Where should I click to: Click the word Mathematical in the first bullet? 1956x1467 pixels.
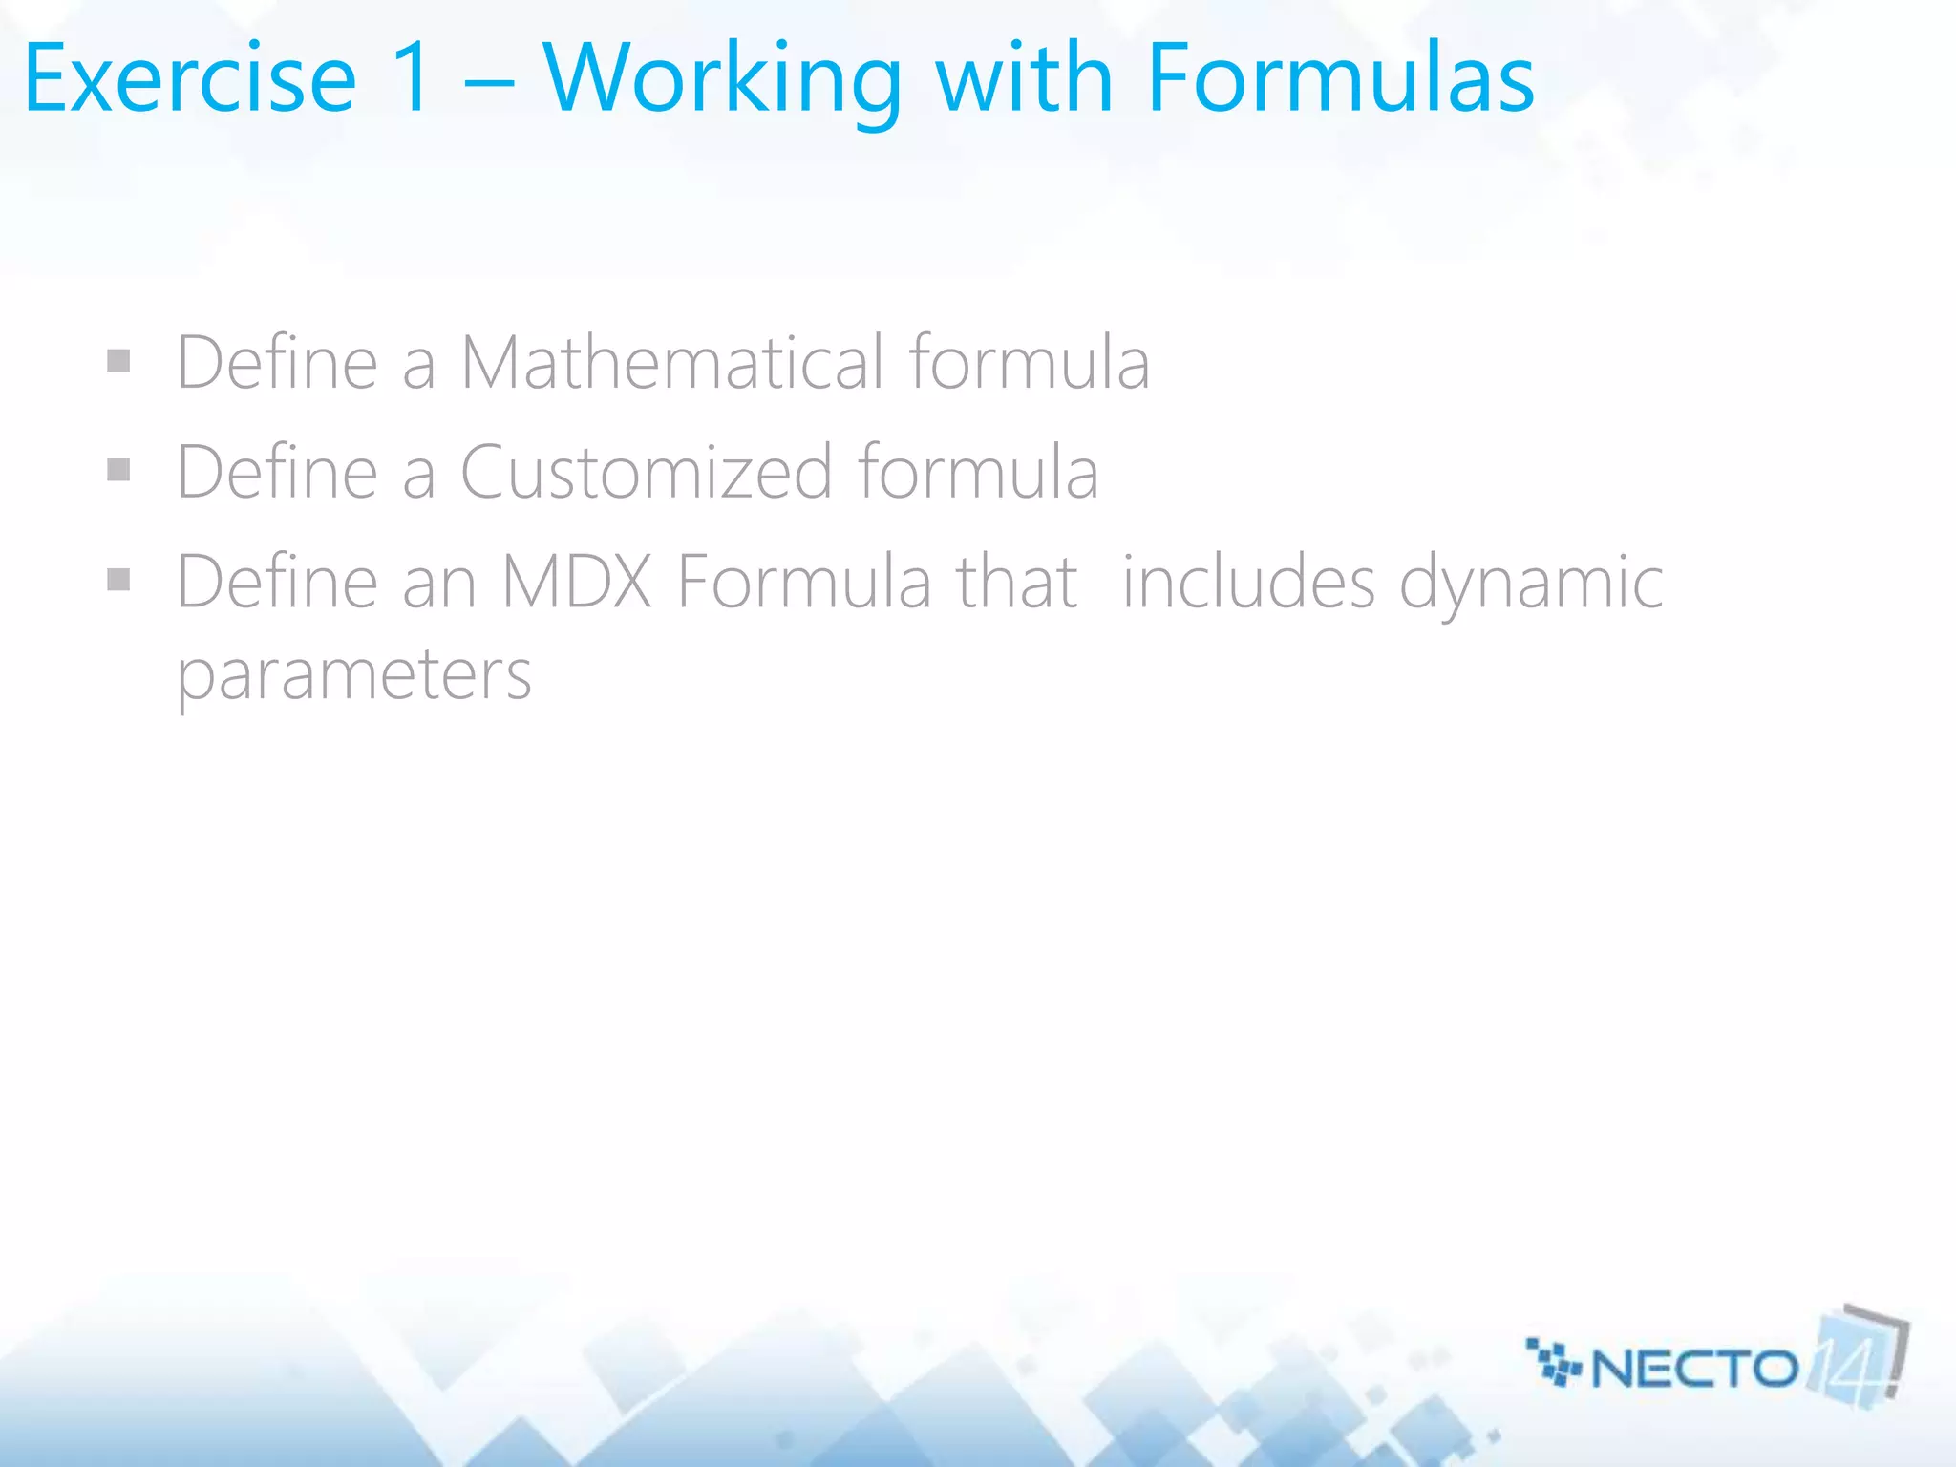(672, 363)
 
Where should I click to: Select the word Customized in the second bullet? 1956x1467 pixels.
(647, 472)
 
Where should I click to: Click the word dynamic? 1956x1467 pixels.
(1531, 583)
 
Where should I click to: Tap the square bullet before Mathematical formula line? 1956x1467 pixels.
(118, 361)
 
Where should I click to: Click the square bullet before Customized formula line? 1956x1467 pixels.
(118, 470)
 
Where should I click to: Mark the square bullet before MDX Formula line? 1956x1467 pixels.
(118, 579)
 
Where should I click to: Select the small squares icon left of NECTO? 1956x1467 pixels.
(1553, 1362)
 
